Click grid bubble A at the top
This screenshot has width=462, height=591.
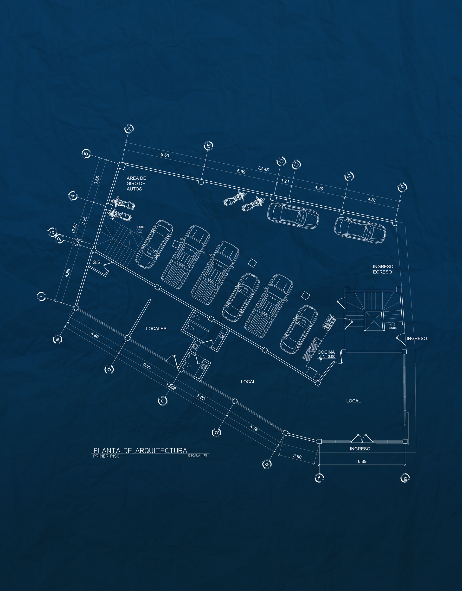coord(129,129)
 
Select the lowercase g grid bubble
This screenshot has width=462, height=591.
coord(405,478)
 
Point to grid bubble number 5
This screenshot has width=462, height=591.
coord(86,154)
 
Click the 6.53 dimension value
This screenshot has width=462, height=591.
coord(165,155)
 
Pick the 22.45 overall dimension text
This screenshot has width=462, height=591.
coord(263,169)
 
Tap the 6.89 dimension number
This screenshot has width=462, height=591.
coord(362,461)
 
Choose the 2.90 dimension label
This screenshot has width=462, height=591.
coord(297,456)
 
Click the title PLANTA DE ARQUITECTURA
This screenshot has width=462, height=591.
coord(140,450)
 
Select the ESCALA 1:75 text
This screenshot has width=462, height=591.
coord(198,456)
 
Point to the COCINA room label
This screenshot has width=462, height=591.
coord(326,352)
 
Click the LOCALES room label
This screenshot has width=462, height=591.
coord(156,328)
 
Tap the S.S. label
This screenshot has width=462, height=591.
coord(97,262)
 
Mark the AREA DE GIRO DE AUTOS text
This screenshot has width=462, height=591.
coord(136,184)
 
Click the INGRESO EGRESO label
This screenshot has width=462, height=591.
coord(383,269)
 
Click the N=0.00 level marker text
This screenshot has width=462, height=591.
coord(329,357)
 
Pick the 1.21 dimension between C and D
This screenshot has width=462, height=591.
coord(285,181)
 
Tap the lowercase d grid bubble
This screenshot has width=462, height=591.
coord(216,432)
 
